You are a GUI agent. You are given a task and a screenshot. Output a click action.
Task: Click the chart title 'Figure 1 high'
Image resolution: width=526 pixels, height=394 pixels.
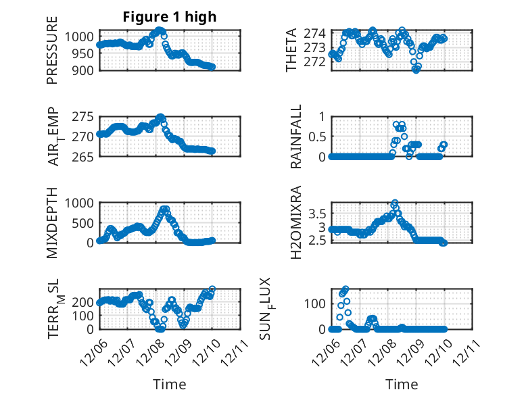(x=170, y=17)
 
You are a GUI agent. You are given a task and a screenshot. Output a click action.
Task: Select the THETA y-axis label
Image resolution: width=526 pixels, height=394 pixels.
(x=291, y=50)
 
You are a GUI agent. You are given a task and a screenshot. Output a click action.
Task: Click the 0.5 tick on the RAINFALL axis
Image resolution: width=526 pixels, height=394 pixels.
(x=317, y=137)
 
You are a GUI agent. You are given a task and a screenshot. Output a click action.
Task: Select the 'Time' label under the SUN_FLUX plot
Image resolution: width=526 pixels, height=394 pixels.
(x=402, y=385)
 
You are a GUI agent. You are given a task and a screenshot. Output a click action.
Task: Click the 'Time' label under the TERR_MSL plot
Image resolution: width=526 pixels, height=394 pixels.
(x=170, y=385)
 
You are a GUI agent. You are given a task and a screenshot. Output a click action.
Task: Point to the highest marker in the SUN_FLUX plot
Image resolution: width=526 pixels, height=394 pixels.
(x=345, y=289)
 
